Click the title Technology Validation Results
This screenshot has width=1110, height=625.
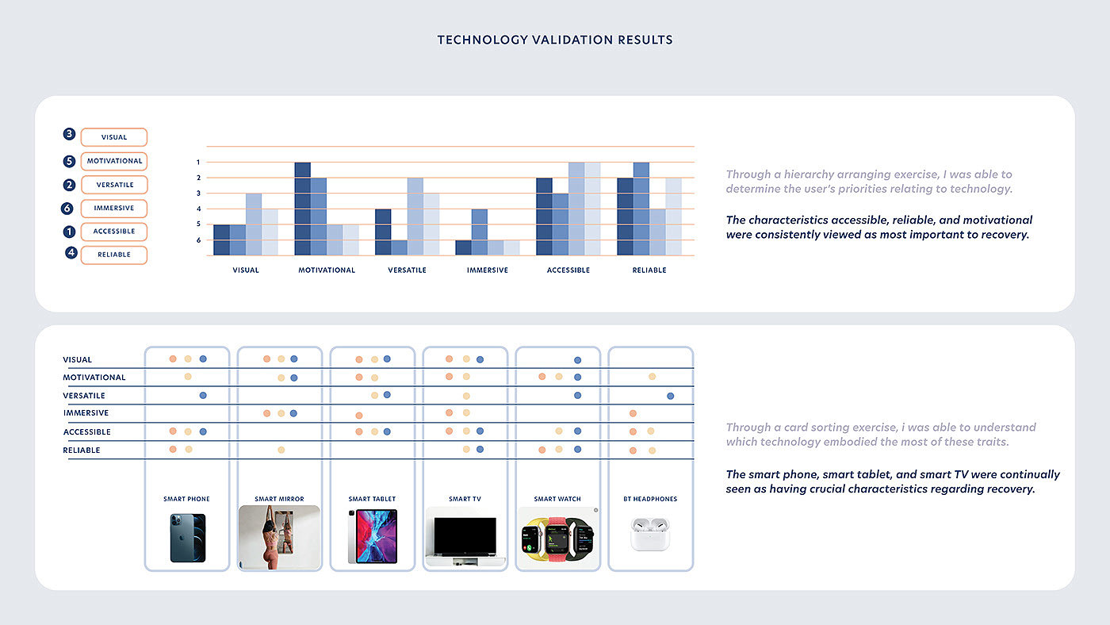pos(555,40)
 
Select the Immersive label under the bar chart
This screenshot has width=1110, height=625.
pos(487,270)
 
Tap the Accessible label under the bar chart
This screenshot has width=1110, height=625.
pos(568,270)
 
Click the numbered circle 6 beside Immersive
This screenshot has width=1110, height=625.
pos(69,209)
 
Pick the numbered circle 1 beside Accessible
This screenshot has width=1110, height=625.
pos(69,232)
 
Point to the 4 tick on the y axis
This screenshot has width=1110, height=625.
pos(198,209)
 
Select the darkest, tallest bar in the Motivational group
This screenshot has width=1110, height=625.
pos(302,209)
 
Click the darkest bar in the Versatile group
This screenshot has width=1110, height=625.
pos(382,232)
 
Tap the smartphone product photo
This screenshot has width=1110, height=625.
pos(187,538)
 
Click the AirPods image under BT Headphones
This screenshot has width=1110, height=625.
pos(650,534)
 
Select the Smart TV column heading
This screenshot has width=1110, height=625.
pos(465,500)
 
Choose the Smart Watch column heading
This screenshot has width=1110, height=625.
pos(557,500)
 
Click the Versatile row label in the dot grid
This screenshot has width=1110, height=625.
pos(84,396)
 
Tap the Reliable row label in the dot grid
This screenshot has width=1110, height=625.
pos(82,451)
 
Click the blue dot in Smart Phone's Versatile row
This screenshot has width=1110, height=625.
pos(203,395)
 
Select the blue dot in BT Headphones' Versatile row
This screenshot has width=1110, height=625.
pos(670,395)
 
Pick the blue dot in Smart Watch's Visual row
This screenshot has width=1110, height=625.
pos(577,360)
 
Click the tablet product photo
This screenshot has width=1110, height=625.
pos(373,536)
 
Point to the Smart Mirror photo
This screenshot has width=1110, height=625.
pos(279,537)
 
